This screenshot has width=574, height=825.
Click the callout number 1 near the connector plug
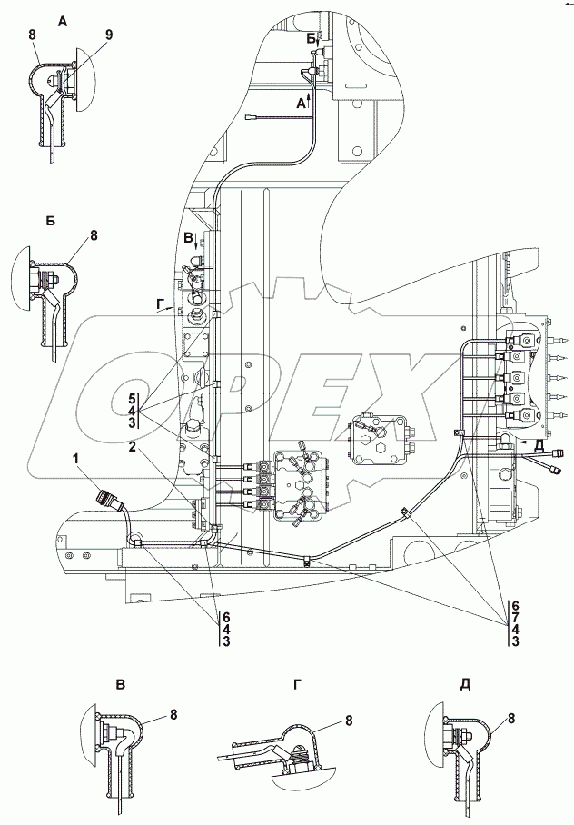(x=77, y=459)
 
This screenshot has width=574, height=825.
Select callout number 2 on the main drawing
(x=133, y=447)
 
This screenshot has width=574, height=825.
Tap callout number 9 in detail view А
(x=109, y=35)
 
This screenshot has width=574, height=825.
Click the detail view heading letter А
(x=63, y=22)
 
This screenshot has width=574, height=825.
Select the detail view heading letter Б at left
(x=50, y=221)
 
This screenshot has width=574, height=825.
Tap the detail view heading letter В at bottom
(x=121, y=685)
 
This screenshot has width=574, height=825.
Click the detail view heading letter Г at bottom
(x=298, y=684)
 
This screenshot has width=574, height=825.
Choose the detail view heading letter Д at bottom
(x=465, y=684)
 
